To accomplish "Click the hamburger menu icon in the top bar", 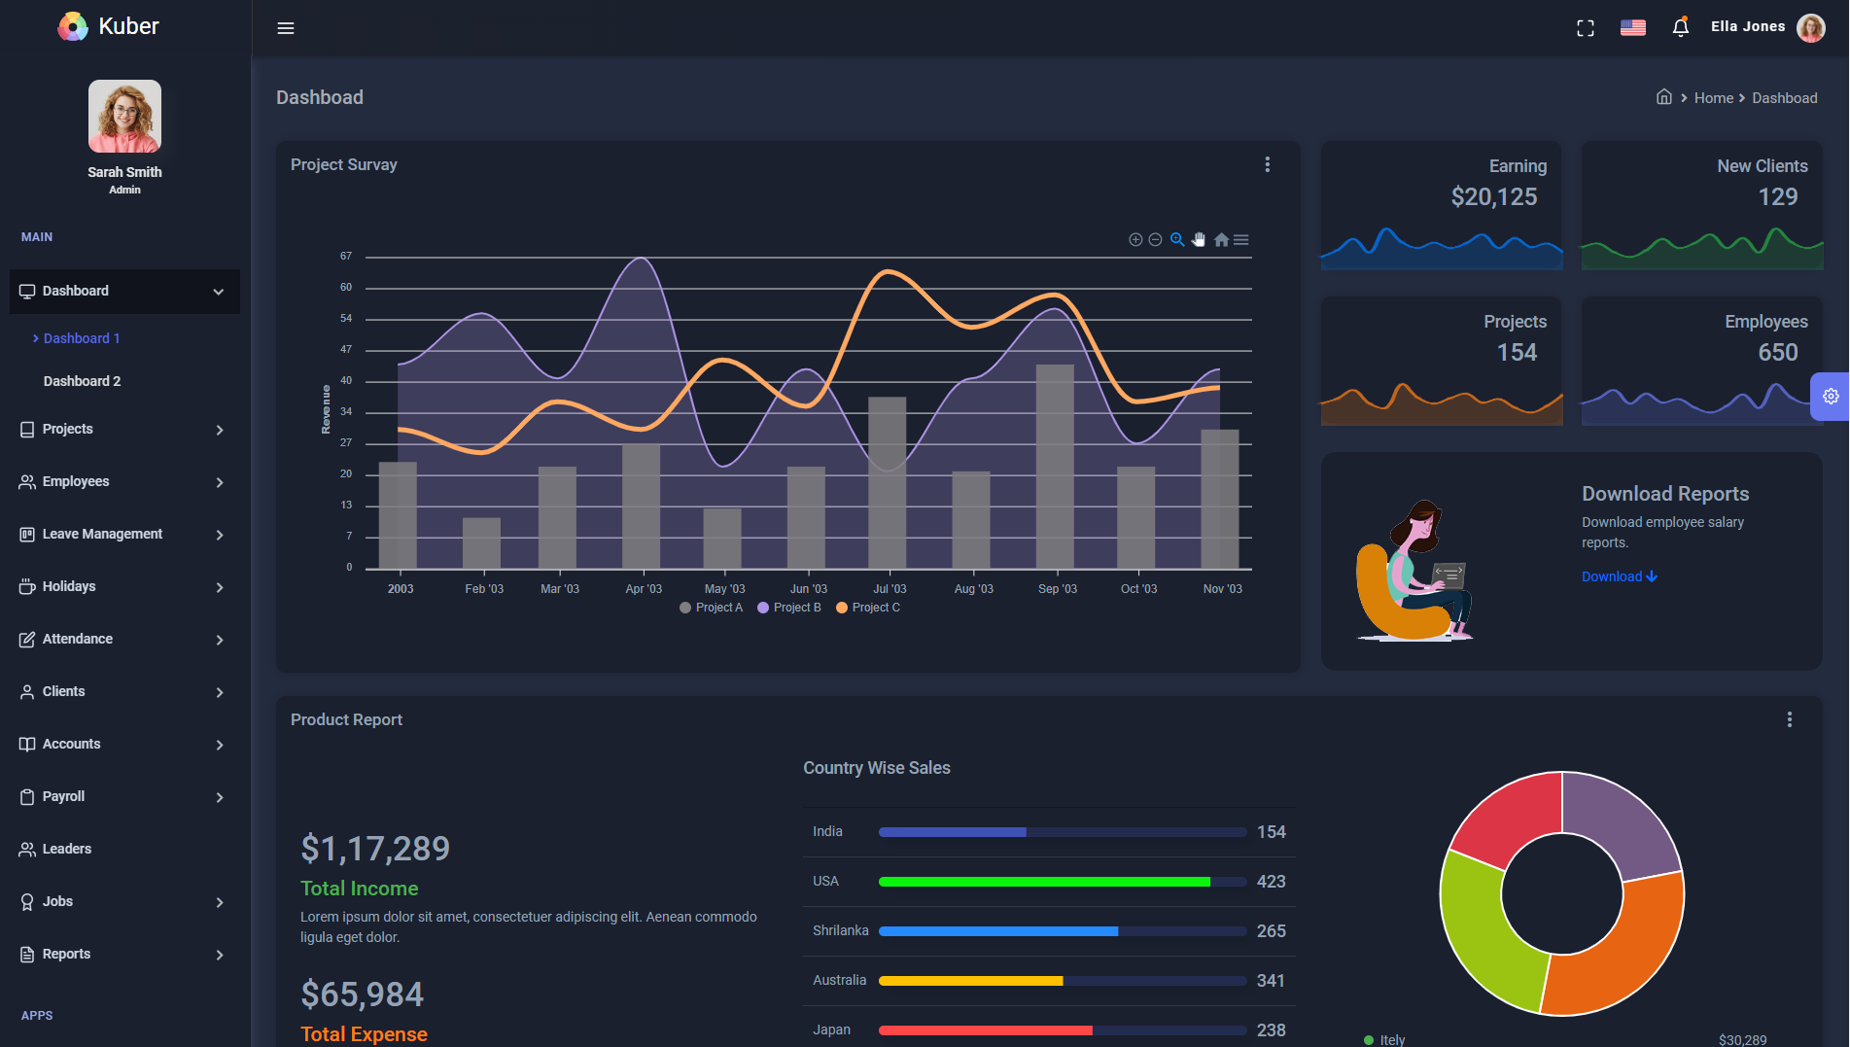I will click(286, 28).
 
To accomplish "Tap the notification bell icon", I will click(1680, 27).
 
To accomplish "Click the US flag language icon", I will click(1633, 27).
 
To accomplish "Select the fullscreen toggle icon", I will click(1586, 28).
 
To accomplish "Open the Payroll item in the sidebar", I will click(64, 796).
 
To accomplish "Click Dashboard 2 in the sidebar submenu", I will click(83, 381).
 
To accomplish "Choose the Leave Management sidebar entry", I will click(102, 534).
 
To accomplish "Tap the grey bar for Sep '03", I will click(1055, 467).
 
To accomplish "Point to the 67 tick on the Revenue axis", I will click(346, 256).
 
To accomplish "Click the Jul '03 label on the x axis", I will click(890, 589).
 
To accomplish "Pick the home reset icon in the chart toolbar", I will click(1221, 239).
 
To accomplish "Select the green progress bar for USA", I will click(1044, 882).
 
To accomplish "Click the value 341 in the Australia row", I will click(1271, 981).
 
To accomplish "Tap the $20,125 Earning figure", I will click(1494, 197).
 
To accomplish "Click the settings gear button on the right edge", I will click(1831, 397).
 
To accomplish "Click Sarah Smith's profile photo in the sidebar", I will click(125, 117).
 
